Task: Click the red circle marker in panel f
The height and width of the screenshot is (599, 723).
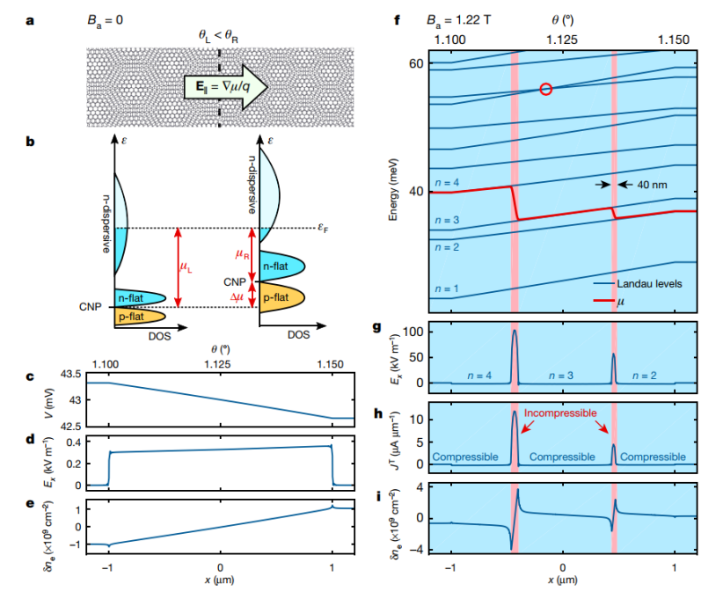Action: point(545,89)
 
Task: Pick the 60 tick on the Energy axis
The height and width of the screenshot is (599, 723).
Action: point(416,64)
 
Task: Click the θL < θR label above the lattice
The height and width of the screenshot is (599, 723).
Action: point(219,36)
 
